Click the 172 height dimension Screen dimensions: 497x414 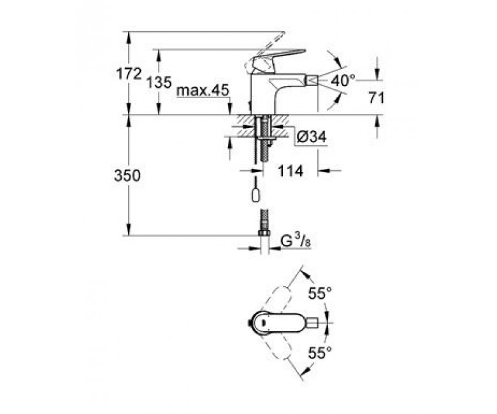point(128,74)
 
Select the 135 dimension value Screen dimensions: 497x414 point(159,82)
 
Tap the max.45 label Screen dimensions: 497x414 point(203,91)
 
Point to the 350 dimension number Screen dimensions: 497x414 point(127,175)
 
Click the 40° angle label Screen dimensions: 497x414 point(343,80)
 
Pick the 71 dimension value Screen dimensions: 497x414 point(376,98)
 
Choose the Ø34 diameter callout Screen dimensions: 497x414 point(312,137)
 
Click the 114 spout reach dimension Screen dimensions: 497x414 point(291,171)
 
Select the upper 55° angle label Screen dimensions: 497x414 point(320,294)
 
